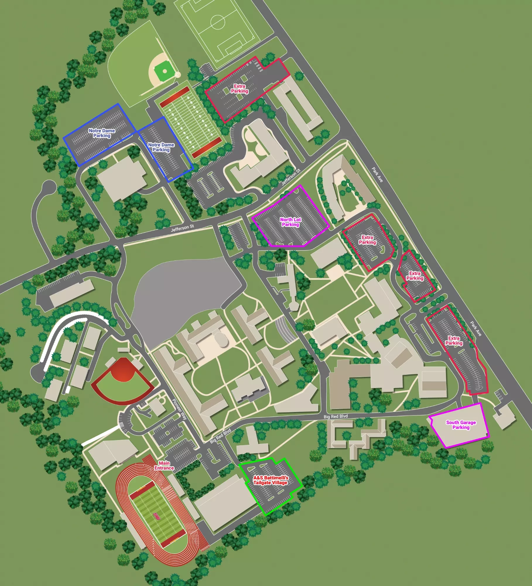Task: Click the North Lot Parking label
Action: pyautogui.click(x=290, y=222)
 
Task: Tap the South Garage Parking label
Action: pyautogui.click(x=461, y=425)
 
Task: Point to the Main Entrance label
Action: pyautogui.click(x=164, y=465)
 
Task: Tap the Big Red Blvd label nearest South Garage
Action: pyautogui.click(x=336, y=416)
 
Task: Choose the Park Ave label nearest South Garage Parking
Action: pyautogui.click(x=475, y=328)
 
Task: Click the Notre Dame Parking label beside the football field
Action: pyautogui.click(x=161, y=147)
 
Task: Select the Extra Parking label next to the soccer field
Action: pyautogui.click(x=240, y=88)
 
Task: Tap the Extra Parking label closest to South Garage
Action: pyautogui.click(x=454, y=340)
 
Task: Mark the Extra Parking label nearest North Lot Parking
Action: pyautogui.click(x=367, y=240)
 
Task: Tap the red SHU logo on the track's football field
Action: pyautogui.click(x=157, y=517)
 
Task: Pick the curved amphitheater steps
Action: pyautogui.click(x=285, y=330)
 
